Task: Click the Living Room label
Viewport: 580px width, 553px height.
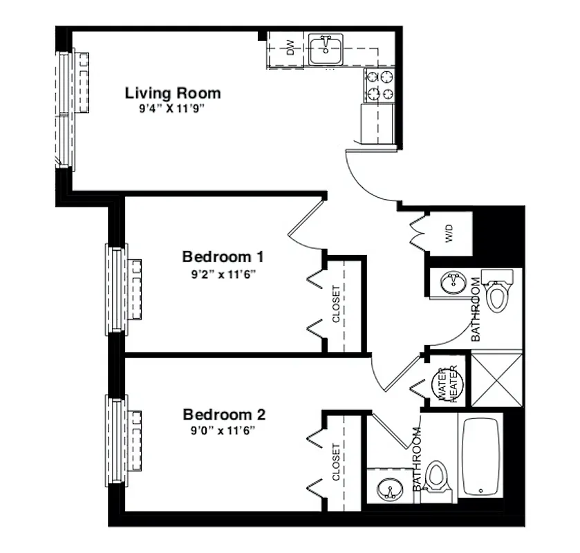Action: (173, 93)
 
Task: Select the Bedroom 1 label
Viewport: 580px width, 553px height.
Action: (223, 256)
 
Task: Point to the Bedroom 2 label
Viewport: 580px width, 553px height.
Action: (224, 415)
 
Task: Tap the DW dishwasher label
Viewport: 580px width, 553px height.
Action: (291, 48)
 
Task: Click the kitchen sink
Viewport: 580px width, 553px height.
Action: (325, 49)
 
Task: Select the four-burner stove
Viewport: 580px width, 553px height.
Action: (380, 86)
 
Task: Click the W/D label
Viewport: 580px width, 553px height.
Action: (450, 235)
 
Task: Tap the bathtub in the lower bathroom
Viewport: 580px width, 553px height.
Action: (481, 456)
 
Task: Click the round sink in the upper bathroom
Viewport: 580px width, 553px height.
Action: (453, 283)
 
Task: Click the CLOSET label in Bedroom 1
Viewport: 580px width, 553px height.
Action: (337, 304)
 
